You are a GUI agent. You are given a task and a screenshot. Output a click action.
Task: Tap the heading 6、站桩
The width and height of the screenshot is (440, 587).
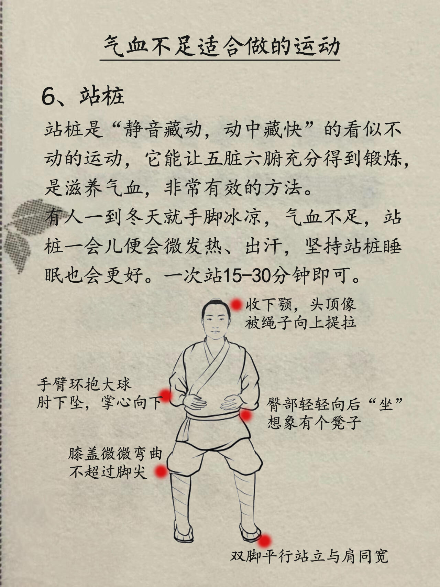(82, 96)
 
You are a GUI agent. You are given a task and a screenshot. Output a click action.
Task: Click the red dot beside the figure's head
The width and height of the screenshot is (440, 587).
(236, 305)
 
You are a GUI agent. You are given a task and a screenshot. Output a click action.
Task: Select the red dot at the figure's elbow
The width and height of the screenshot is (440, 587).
(166, 395)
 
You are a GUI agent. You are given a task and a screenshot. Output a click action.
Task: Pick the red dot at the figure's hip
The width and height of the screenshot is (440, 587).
(245, 415)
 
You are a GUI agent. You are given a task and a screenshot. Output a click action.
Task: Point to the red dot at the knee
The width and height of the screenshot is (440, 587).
(161, 472)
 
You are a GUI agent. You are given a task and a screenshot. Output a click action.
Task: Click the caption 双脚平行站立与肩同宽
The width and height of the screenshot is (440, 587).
(309, 556)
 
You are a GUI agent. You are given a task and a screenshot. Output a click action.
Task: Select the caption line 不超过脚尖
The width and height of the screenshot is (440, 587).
(108, 472)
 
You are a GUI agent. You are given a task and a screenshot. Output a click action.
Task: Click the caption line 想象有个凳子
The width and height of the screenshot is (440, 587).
(314, 422)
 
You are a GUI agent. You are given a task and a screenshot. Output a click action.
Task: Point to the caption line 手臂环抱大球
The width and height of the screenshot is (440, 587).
(84, 384)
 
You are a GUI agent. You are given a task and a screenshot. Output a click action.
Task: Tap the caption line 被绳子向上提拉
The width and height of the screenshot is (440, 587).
(301, 323)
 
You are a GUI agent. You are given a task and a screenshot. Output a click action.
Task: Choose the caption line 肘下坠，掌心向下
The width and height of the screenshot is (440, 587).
(100, 403)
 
